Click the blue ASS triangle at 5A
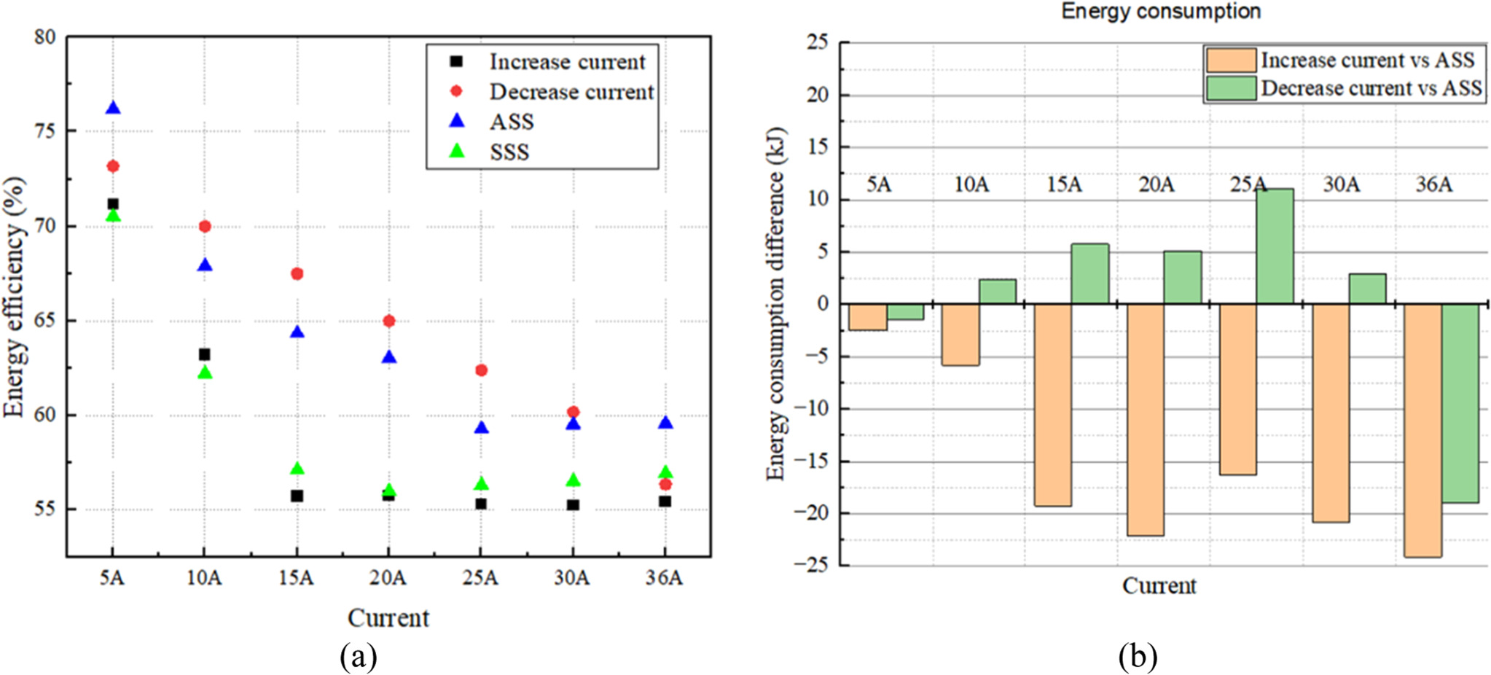click(x=113, y=109)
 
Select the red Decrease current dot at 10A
click(x=205, y=227)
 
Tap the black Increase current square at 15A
click(x=297, y=496)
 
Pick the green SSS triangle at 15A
click(x=297, y=469)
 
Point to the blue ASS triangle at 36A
click(x=665, y=424)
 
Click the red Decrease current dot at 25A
click(x=481, y=370)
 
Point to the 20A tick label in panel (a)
click(x=388, y=578)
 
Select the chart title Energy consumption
click(x=1160, y=12)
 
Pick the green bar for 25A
click(x=1275, y=246)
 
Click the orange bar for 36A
click(x=1422, y=430)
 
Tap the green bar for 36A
click(x=1460, y=403)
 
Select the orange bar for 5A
click(x=868, y=317)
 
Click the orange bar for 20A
click(x=1145, y=419)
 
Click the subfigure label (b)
click(x=1138, y=657)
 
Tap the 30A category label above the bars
click(x=1341, y=184)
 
